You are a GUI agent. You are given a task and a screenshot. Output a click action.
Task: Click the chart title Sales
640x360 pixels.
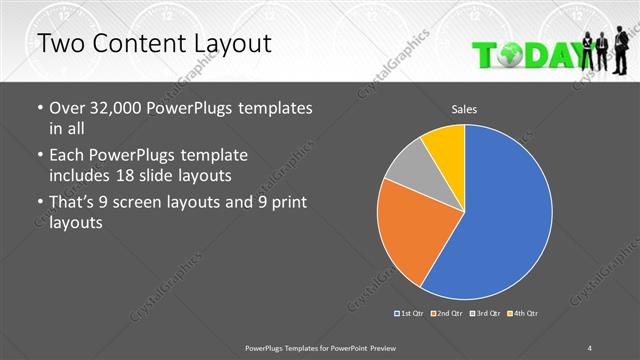(x=465, y=108)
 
